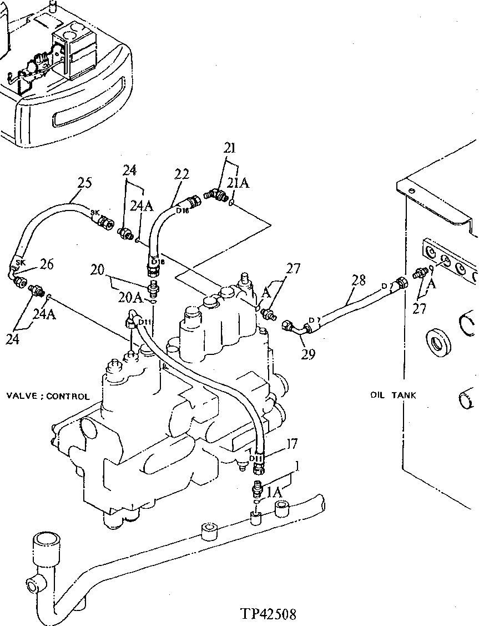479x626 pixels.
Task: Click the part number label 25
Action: pyautogui.click(x=84, y=183)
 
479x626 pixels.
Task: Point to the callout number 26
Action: pyautogui.click(x=47, y=264)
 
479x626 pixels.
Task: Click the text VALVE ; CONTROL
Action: pyautogui.click(x=48, y=397)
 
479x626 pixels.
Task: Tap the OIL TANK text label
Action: pyautogui.click(x=393, y=395)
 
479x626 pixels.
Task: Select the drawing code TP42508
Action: pyautogui.click(x=268, y=614)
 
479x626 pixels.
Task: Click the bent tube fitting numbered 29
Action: pyautogui.click(x=298, y=328)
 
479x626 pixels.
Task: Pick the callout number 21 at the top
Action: pyautogui.click(x=229, y=148)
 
